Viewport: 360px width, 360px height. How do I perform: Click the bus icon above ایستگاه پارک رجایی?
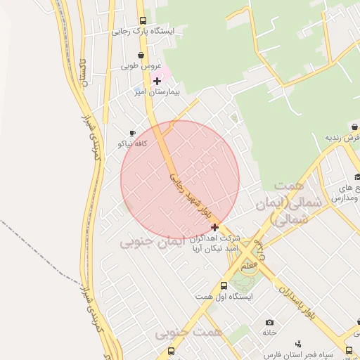tap(143, 20)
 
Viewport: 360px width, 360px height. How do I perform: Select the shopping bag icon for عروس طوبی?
tap(141, 55)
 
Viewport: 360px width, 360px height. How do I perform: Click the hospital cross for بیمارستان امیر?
tap(157, 81)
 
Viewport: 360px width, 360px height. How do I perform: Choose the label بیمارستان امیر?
tap(158, 92)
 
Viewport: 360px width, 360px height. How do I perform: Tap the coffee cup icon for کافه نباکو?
tap(132, 133)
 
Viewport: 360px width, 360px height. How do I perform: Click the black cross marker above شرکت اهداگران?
tap(214, 227)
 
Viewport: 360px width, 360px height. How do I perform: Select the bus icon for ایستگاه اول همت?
tap(224, 285)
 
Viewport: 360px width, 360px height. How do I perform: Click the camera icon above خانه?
tap(269, 322)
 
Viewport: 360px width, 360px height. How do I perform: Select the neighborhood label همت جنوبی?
tap(188, 331)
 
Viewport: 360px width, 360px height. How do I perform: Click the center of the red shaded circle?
tap(180, 179)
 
